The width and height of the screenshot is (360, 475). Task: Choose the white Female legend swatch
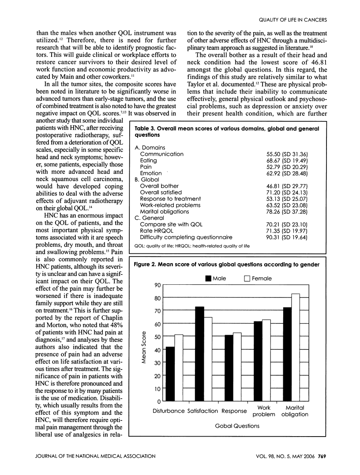247,278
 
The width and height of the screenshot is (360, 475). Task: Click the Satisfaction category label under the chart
203,411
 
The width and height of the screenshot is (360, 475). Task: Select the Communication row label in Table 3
161,154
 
